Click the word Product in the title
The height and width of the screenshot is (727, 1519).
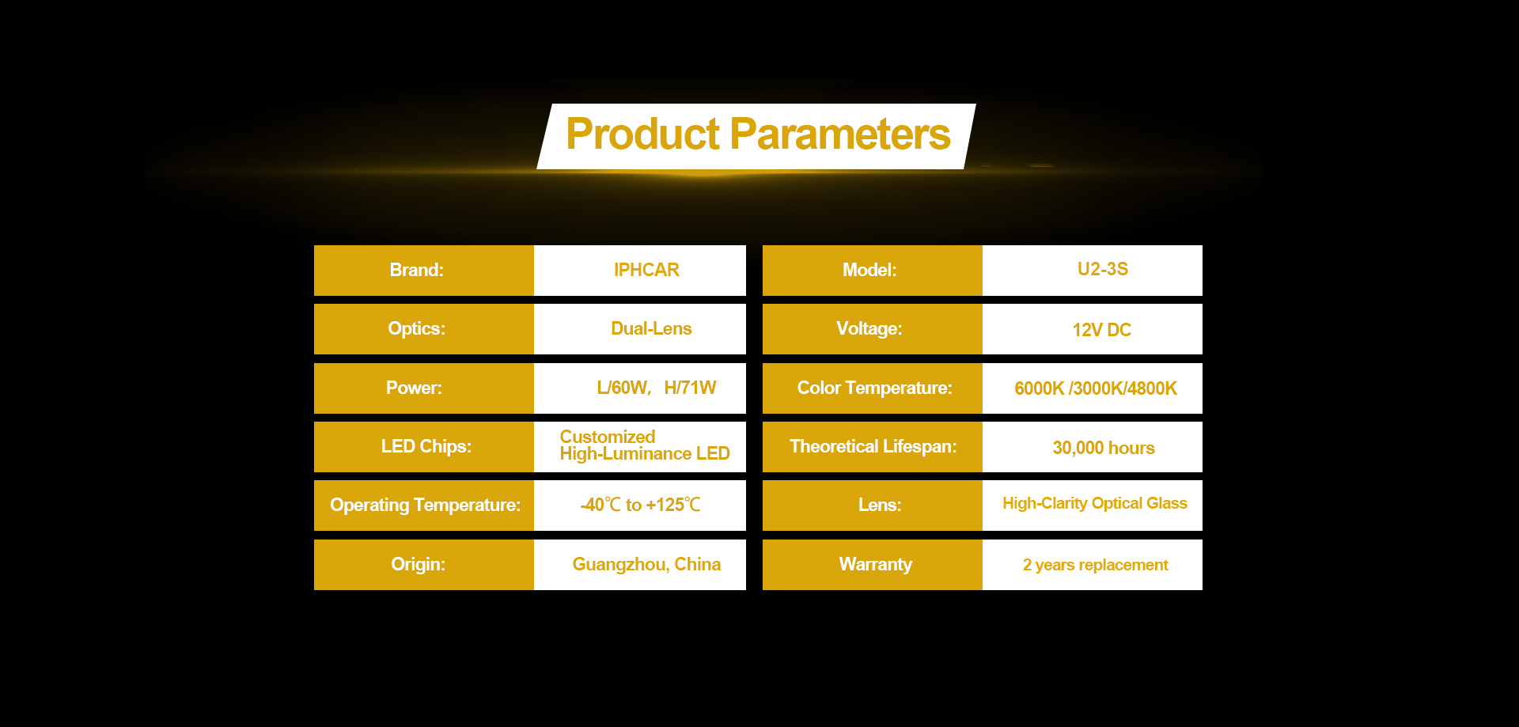[642, 134]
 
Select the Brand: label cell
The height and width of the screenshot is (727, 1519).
[424, 271]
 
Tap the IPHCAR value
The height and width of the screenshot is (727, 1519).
[646, 270]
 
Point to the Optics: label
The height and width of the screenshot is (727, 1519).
[417, 328]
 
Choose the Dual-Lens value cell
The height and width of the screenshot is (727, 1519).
[640, 329]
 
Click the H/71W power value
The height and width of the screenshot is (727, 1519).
[690, 388]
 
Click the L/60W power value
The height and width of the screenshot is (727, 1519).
[623, 388]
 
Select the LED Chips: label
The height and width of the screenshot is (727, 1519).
[426, 446]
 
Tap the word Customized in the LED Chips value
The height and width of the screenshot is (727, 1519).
[608, 437]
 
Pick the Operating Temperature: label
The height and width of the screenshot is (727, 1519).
[425, 505]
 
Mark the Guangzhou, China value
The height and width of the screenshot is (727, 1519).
[646, 564]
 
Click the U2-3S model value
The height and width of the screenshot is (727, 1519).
[1103, 269]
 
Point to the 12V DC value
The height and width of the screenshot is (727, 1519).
[1102, 330]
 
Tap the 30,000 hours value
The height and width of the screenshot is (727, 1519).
[1104, 448]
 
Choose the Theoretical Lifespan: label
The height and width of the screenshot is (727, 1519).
[873, 446]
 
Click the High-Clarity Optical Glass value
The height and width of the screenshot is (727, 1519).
[1095, 503]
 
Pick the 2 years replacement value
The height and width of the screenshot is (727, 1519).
[1096, 565]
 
